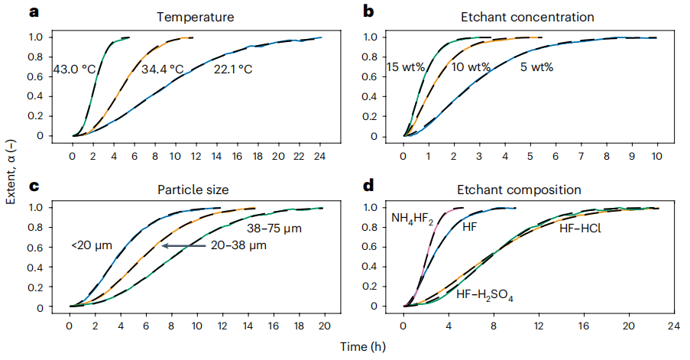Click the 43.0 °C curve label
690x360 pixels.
click(74, 70)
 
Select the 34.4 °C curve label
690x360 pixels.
click(163, 70)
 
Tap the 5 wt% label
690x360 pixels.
click(536, 67)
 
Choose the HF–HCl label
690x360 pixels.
click(579, 227)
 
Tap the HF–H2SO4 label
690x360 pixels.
click(484, 294)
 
